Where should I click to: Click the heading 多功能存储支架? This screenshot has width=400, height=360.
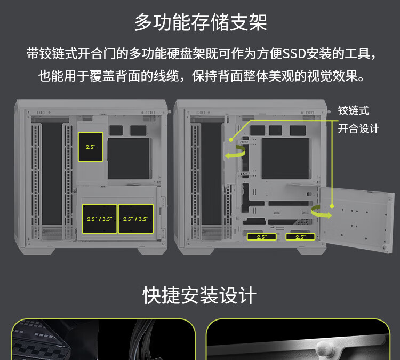201,22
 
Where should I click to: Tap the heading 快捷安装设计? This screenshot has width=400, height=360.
199,295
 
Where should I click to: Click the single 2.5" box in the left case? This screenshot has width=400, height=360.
91,147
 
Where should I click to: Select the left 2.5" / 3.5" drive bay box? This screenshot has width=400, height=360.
100,219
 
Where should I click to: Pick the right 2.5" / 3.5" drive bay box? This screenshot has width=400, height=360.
135,219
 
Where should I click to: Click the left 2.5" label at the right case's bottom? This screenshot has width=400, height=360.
262,237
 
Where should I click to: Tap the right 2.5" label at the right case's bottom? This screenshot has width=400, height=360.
300,237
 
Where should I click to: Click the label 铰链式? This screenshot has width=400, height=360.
353,111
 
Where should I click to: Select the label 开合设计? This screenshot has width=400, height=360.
358,129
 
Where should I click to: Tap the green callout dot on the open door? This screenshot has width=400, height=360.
332,206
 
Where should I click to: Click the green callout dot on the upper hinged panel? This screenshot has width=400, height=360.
231,140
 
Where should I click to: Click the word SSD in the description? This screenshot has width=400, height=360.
294,53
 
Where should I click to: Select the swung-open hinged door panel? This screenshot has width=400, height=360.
357,219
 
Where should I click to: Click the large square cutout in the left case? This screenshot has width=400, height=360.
129,158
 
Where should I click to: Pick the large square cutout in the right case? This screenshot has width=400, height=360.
285,158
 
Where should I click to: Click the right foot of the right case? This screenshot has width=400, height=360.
311,251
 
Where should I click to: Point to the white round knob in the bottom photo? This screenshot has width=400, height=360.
324,349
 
